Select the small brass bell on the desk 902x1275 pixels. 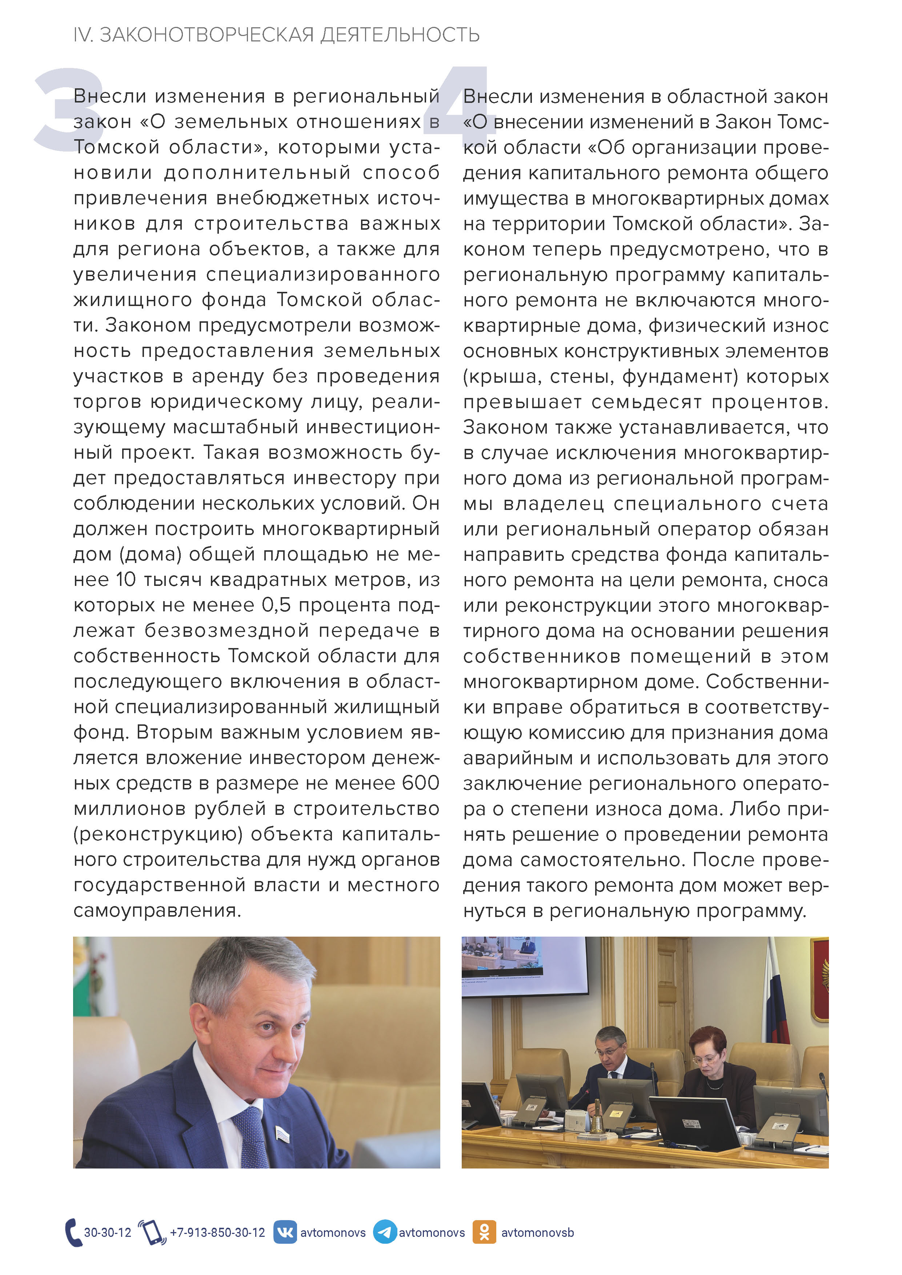(597, 1116)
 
